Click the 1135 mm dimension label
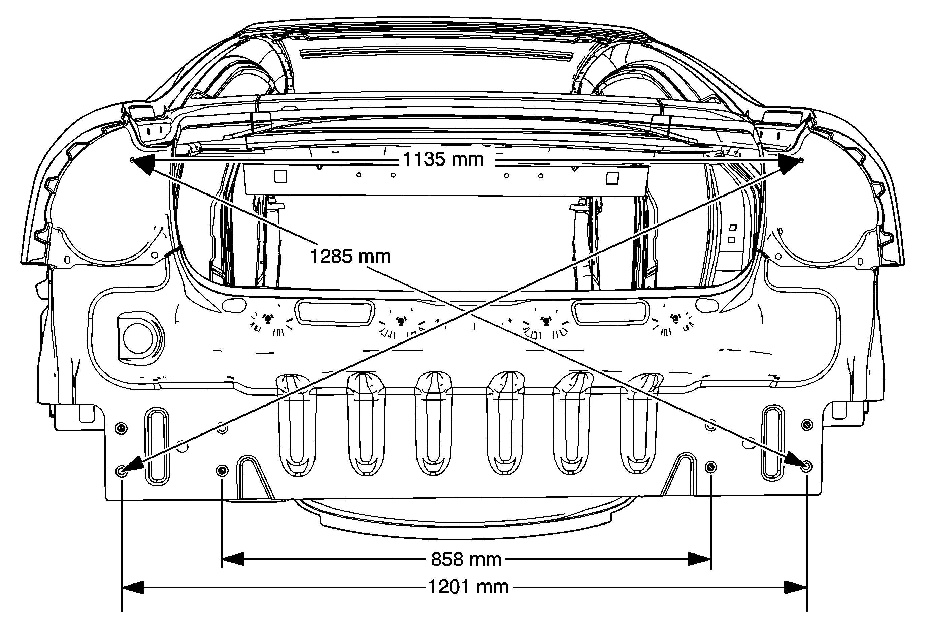point(443,159)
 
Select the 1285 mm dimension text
point(350,256)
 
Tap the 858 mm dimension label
point(466,560)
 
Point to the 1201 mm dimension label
point(468,588)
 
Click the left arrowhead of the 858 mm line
point(233,559)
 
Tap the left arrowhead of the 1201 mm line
point(133,588)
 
